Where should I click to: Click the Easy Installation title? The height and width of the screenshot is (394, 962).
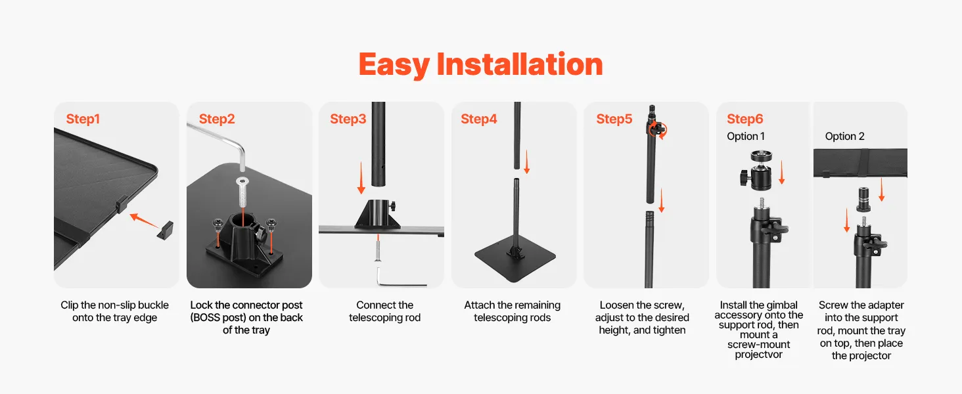point(480,64)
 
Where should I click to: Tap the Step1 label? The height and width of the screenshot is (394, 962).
point(83,119)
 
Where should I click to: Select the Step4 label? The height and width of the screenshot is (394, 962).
point(479,119)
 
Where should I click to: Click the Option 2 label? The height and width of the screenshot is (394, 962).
point(844,136)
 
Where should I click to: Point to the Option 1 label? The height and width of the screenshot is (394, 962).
point(746,136)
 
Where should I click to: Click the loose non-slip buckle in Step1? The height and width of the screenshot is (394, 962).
point(166,230)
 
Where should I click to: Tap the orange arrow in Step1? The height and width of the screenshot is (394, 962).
point(145,221)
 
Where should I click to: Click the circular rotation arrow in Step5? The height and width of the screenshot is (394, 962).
point(658,129)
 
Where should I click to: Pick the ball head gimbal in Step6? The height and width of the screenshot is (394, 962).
point(757,170)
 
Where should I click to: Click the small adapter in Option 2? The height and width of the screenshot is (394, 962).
point(863,200)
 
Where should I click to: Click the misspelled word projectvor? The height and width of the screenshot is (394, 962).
point(758,355)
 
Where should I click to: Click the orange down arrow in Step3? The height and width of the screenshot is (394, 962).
point(361,178)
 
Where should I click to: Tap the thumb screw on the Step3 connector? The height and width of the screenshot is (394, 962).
point(392,206)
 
